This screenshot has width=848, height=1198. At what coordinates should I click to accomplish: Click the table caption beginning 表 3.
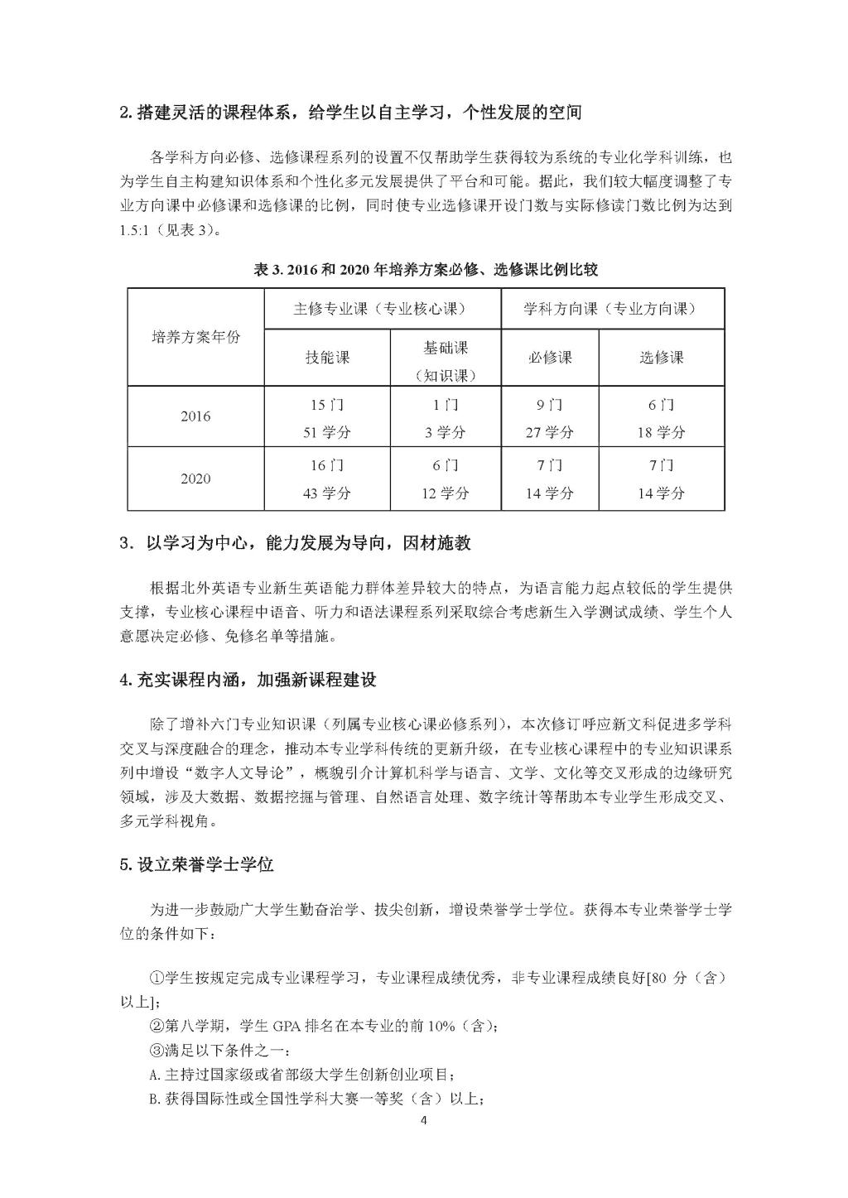425,270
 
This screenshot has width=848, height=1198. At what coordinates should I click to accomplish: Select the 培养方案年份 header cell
195,337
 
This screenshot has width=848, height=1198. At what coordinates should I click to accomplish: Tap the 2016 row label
195,416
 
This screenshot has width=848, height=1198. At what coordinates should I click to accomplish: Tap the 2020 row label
195,479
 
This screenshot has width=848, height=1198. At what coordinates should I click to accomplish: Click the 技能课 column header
327,358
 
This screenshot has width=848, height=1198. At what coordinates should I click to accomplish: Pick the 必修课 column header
550,358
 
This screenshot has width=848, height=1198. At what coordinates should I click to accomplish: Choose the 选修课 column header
661,358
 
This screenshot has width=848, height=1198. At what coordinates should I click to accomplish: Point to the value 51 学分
327,432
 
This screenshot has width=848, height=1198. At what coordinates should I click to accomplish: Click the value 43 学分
327,493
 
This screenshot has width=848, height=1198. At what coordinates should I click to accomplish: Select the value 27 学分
550,432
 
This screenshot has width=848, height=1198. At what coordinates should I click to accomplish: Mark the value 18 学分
661,432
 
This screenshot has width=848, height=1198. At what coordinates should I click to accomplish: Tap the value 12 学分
446,493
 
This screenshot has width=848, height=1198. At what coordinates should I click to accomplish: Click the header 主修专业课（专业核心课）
382,309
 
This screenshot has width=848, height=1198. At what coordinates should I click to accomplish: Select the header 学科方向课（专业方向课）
612,309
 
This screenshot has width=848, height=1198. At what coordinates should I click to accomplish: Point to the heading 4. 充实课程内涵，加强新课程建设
248,681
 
